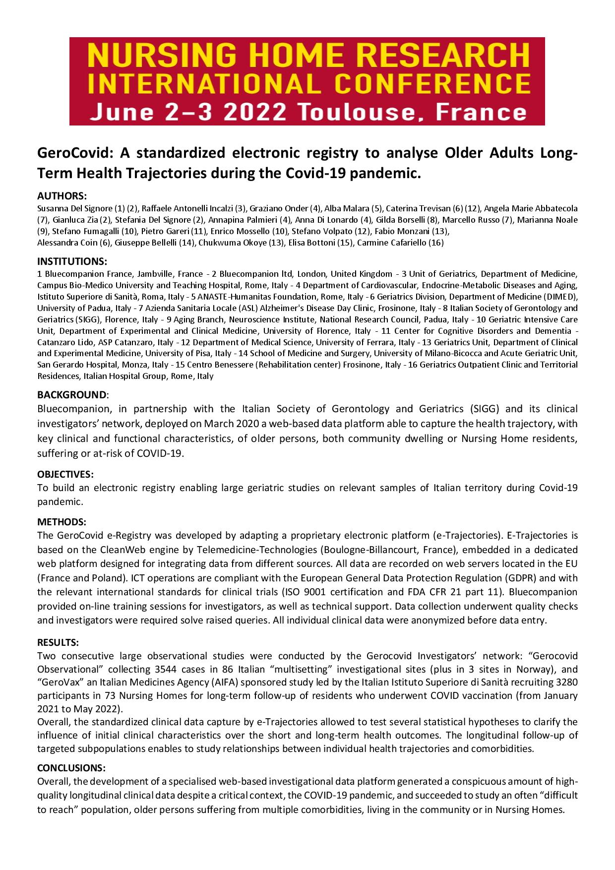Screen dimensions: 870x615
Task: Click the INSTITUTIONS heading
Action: (72, 261)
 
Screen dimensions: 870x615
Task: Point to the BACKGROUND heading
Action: (71, 395)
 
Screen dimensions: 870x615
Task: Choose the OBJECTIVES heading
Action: (65, 474)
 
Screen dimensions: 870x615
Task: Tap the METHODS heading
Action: (61, 522)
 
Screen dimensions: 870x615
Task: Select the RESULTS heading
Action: (58, 643)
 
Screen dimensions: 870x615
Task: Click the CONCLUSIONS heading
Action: (71, 768)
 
